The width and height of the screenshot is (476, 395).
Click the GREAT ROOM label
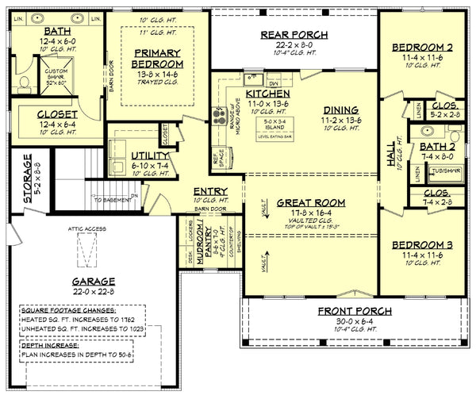click(x=310, y=203)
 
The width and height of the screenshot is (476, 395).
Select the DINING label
click(x=340, y=109)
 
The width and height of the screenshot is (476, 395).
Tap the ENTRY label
click(x=210, y=192)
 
